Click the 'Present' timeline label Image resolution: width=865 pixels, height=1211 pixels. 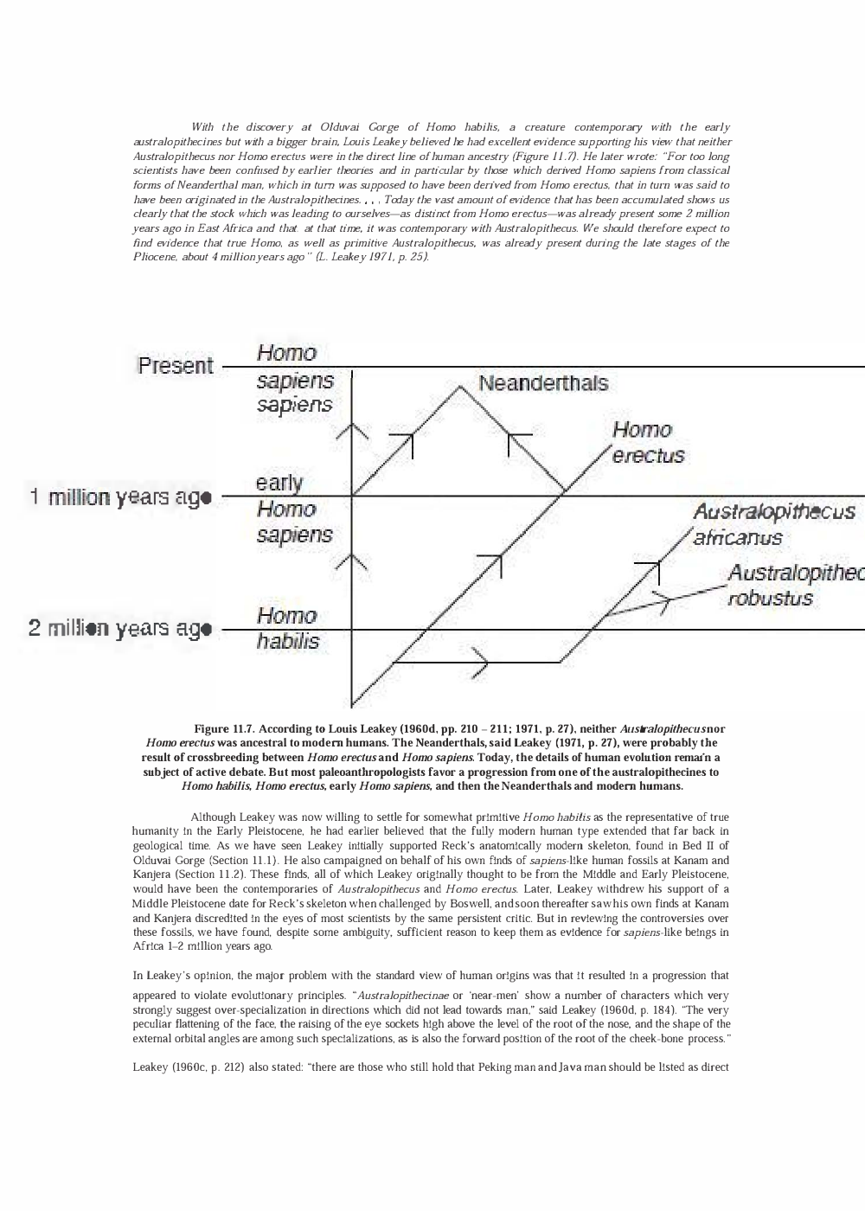click(x=175, y=366)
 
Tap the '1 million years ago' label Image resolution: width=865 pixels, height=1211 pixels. click(x=120, y=497)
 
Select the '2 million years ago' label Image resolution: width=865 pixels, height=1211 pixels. click(x=120, y=629)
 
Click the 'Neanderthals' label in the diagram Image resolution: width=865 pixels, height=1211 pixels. click(x=542, y=383)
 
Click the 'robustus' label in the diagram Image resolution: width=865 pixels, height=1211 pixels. click(x=770, y=599)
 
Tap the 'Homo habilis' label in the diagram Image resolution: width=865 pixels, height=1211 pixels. click(x=287, y=628)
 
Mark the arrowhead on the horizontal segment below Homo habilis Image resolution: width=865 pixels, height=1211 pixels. click(x=482, y=663)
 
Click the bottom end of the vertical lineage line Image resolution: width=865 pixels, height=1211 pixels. click(x=352, y=704)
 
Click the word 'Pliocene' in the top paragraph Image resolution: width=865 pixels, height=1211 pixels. click(x=152, y=257)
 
